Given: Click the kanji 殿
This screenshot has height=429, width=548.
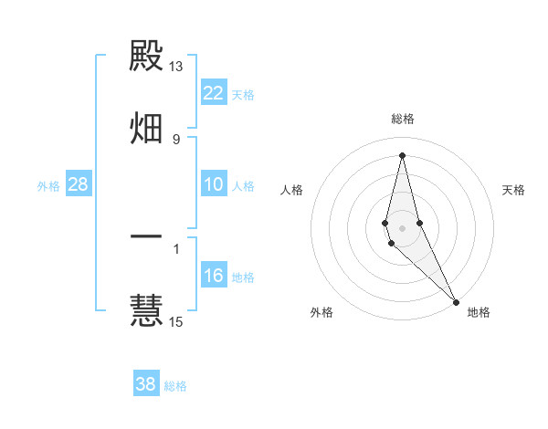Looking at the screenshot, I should click(x=146, y=57).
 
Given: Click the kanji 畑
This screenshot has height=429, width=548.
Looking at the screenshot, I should click(x=146, y=127).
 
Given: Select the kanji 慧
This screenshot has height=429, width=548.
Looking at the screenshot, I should click(x=146, y=309).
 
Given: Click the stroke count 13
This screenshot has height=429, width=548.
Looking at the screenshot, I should click(x=176, y=67).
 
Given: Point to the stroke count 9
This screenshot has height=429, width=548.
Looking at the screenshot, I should click(x=176, y=139).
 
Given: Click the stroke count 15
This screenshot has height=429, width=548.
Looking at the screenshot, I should click(x=176, y=320).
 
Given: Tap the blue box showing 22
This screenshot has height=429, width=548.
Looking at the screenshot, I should click(x=214, y=93).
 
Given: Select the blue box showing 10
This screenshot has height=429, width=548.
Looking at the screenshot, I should click(x=214, y=184).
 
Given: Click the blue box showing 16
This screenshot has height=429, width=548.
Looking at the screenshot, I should click(x=214, y=276).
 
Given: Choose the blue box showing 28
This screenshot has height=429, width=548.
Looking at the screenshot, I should click(x=79, y=184).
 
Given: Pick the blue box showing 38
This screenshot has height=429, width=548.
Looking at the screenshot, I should click(x=146, y=384).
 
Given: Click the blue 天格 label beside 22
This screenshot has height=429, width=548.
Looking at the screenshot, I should click(x=243, y=95).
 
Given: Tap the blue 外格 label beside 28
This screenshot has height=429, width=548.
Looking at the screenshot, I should click(x=48, y=186).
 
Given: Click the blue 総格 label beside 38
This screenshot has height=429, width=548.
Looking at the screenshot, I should click(x=175, y=386).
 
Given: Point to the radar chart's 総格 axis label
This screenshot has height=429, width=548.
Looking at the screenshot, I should click(x=402, y=119).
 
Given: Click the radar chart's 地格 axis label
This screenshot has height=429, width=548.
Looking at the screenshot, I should click(x=479, y=312).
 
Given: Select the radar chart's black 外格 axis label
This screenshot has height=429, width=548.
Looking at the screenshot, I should click(x=321, y=312).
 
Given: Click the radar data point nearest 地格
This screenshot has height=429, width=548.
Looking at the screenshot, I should click(x=456, y=302).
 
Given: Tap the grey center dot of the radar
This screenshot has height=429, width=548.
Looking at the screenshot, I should click(x=402, y=227).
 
